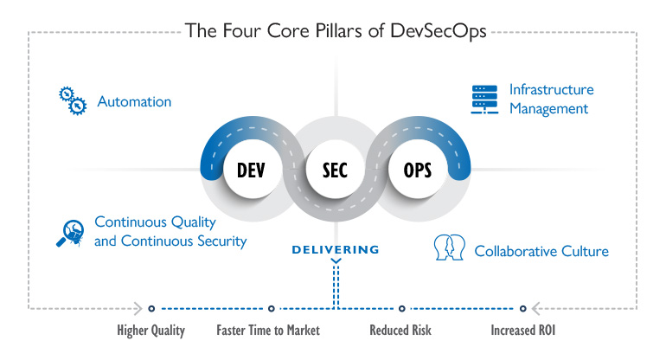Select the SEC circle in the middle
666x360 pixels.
point(333,169)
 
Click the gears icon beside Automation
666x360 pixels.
point(73,100)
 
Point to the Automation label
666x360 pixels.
point(134,102)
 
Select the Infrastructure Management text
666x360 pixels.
point(549,100)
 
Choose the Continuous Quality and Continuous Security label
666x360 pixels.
point(170,232)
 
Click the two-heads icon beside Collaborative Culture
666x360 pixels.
point(448,249)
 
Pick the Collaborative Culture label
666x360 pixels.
point(541,252)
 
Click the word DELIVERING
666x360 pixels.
point(335,250)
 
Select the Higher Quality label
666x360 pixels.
point(151,331)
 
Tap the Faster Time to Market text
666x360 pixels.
point(268,331)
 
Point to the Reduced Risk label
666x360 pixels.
point(400,331)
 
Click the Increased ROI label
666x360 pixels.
point(522,331)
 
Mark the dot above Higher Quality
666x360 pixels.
point(151,307)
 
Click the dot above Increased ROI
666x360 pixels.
point(522,307)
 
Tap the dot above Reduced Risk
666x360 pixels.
point(401,307)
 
